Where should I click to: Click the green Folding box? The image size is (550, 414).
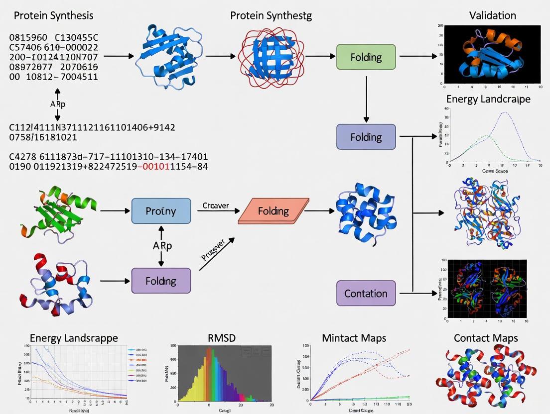click(366, 57)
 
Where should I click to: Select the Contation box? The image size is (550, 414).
click(366, 293)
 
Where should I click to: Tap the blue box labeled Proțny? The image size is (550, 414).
click(161, 210)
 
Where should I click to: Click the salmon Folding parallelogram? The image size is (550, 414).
click(273, 210)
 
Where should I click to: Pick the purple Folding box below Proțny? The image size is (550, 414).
click(161, 281)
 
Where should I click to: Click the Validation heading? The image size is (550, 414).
click(493, 15)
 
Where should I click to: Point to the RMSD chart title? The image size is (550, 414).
click(221, 338)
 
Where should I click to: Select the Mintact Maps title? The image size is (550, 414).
click(354, 338)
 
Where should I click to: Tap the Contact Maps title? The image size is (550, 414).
click(486, 338)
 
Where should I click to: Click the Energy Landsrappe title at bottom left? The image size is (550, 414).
click(74, 338)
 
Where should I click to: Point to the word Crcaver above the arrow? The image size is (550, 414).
click(215, 205)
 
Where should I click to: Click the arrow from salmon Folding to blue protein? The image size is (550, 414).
click(319, 211)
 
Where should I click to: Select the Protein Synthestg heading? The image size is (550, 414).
click(271, 15)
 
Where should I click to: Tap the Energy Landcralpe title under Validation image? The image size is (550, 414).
click(488, 99)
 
